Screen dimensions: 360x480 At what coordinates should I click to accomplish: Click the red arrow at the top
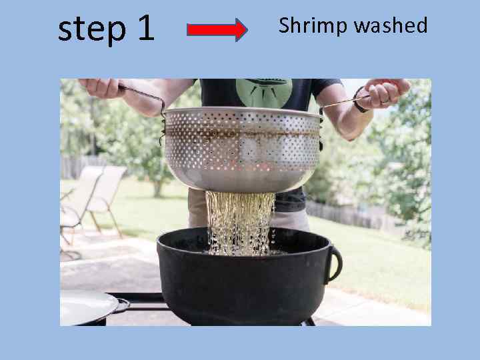pos(217,30)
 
